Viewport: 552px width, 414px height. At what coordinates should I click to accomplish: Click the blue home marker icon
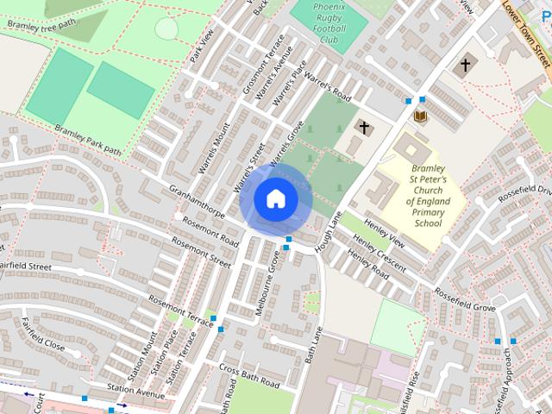[275, 199]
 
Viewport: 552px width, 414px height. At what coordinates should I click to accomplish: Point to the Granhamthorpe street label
[197, 200]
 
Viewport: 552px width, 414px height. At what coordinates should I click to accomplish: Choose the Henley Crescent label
[378, 253]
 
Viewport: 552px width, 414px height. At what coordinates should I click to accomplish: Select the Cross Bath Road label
[250, 376]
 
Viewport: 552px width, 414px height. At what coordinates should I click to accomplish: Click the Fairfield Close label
[43, 334]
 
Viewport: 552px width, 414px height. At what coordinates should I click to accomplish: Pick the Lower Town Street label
[525, 34]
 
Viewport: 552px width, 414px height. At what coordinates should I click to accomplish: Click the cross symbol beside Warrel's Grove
[364, 129]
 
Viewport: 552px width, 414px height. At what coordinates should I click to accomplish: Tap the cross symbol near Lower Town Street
[467, 65]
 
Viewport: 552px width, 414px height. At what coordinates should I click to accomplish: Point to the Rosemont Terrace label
[180, 310]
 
